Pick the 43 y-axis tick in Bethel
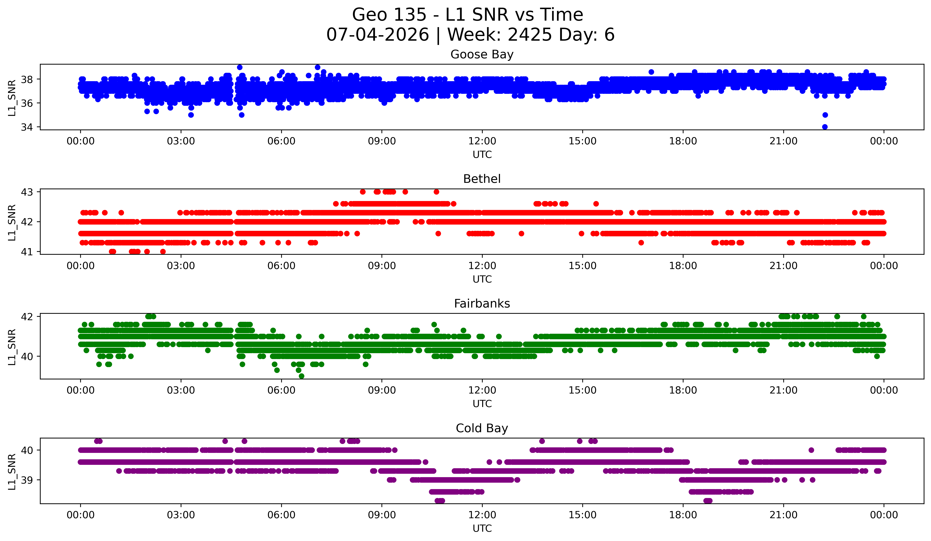pyautogui.click(x=27, y=192)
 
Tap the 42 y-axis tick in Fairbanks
pyautogui.click(x=27, y=317)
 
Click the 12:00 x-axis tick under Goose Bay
pyautogui.click(x=482, y=141)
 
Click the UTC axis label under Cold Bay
pyautogui.click(x=482, y=529)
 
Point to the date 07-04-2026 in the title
pyautogui.click(x=378, y=35)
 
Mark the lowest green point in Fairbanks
pyautogui.click(x=301, y=376)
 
